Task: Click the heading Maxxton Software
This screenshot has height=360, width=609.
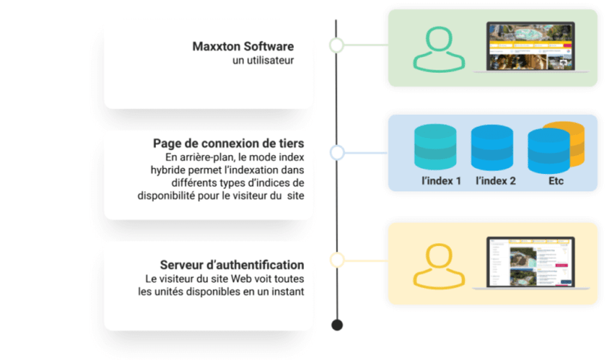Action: (243, 46)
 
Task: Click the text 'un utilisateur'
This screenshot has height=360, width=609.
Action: (263, 61)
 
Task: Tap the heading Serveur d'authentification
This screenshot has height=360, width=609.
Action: (232, 265)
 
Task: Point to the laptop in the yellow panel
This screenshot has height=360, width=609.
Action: (530, 263)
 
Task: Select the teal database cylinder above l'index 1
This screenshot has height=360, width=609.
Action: (435, 146)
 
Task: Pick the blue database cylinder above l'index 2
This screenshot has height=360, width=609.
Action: (491, 148)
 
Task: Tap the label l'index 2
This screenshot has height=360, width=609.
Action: (496, 181)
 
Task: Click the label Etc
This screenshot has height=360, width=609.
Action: (556, 181)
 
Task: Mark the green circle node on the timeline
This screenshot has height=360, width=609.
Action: (337, 45)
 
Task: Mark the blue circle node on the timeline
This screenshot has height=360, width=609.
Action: (337, 153)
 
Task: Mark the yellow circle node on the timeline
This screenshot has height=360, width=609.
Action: (337, 260)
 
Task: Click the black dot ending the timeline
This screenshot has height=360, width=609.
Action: (337, 325)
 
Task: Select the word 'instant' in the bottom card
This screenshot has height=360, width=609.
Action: (286, 292)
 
